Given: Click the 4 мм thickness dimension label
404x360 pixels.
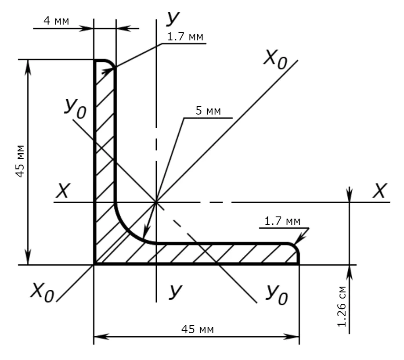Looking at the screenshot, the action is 56,21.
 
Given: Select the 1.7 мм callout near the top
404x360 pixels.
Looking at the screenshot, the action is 185,37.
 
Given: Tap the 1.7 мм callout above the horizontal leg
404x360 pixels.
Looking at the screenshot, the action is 282,221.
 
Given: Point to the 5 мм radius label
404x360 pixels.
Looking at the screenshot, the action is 208,111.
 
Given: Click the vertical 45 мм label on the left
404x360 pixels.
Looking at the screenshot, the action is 20,162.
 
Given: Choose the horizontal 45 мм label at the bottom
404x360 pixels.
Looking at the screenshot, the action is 197,329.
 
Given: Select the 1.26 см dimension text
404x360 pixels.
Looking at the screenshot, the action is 342,306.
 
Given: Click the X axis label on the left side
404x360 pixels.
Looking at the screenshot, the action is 63,191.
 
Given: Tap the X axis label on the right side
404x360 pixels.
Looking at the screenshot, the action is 380,191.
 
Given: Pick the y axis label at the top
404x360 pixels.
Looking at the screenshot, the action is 173,18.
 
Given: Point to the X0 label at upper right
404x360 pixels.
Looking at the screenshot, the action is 275,60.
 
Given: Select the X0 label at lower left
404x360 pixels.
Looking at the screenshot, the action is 42,292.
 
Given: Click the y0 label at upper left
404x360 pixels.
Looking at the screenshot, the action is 75,108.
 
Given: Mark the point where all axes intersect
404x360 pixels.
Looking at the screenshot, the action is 156,202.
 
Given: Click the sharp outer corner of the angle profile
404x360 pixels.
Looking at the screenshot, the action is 94,264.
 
